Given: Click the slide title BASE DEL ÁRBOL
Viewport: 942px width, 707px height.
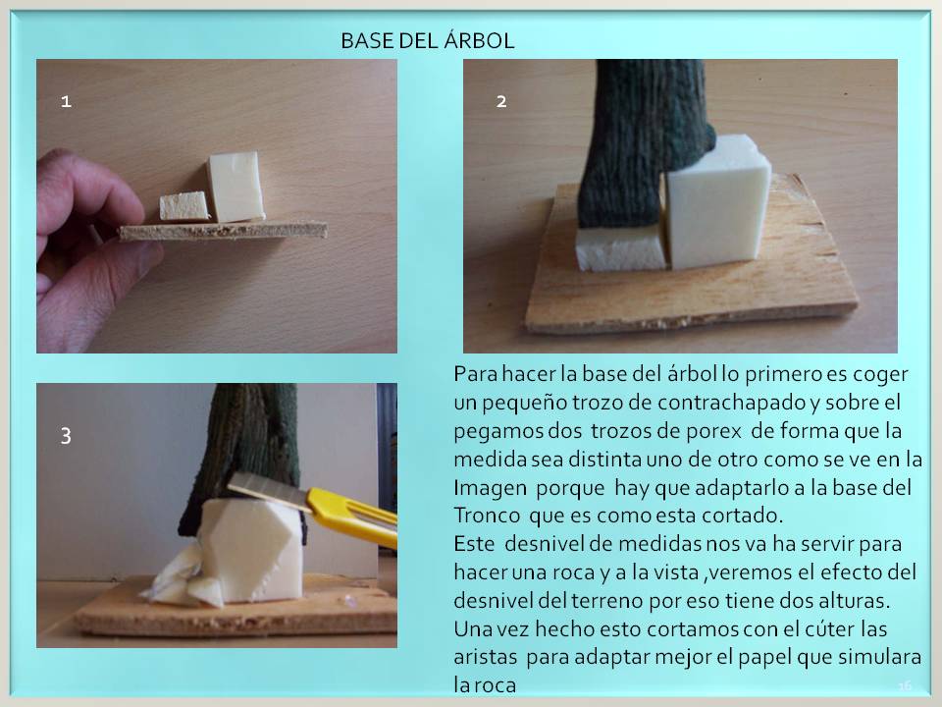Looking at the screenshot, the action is pyautogui.click(x=427, y=41).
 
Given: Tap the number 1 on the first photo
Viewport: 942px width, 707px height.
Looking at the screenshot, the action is pyautogui.click(x=66, y=101).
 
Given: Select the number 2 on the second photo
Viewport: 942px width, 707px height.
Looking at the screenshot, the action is pyautogui.click(x=501, y=101).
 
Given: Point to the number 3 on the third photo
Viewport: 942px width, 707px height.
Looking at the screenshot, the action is pyautogui.click(x=66, y=435).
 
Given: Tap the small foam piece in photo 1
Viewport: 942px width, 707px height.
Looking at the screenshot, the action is pyautogui.click(x=184, y=206).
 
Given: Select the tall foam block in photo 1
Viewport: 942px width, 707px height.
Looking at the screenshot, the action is pyautogui.click(x=236, y=187).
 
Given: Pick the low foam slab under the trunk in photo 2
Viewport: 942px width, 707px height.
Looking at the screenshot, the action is pyautogui.click(x=621, y=248).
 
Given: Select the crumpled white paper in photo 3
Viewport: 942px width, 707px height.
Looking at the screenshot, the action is pyautogui.click(x=181, y=579).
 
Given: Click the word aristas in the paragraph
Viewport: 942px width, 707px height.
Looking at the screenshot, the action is pyautogui.click(x=486, y=657).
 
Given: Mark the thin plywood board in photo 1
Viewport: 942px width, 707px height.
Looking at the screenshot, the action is pyautogui.click(x=224, y=231).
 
